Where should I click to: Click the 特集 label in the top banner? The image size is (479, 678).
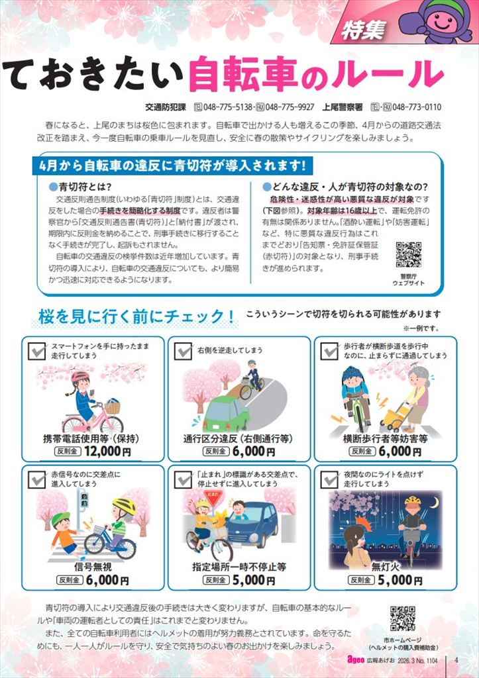[x=363, y=30]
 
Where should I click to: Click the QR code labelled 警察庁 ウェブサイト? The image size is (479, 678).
[x=409, y=255]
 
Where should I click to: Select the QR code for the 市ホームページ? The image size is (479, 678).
[x=403, y=619]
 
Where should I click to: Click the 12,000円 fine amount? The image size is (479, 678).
[x=107, y=452]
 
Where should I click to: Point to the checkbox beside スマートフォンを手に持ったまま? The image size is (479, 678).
[x=37, y=351]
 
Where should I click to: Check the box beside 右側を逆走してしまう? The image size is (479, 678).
[x=183, y=351]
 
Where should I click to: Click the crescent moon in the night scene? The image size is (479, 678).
[x=434, y=503]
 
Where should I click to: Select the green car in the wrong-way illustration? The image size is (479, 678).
[x=227, y=413]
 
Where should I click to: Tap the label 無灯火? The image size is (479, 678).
[x=385, y=567]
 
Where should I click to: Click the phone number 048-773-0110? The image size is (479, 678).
[x=416, y=107]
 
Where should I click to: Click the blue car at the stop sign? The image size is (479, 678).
[x=252, y=524]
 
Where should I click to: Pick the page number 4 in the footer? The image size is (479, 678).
[x=456, y=660]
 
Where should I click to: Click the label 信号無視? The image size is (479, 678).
[x=93, y=567]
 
